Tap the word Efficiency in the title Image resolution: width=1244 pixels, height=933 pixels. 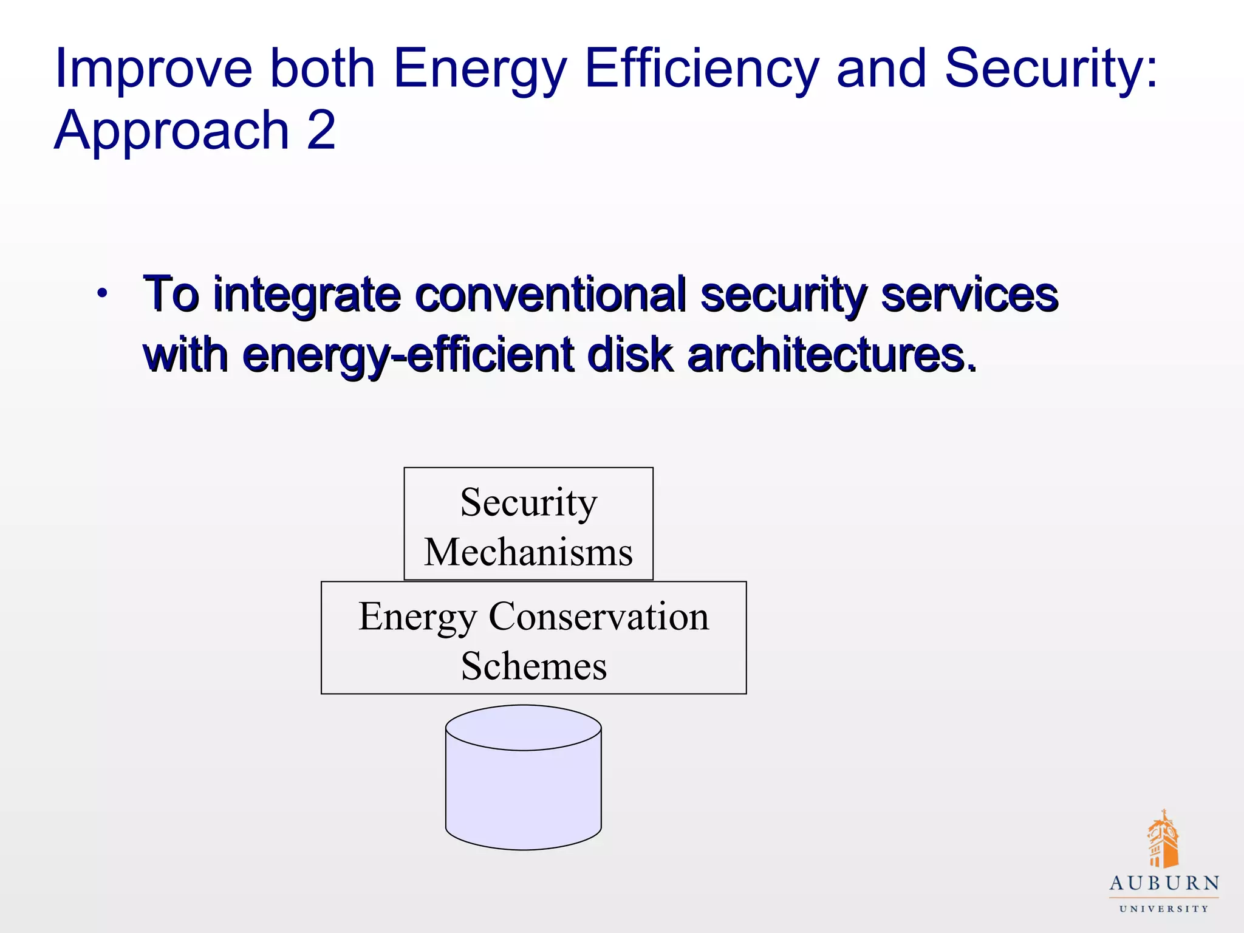[702, 69]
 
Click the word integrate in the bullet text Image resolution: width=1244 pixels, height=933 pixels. [307, 296]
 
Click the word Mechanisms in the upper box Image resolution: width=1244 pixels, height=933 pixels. [528, 552]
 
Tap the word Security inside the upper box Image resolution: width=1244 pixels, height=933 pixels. [528, 502]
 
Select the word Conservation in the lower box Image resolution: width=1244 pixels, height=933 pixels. [599, 617]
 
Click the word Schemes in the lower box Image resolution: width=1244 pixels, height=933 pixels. [533, 666]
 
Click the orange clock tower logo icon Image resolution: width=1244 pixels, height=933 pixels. [1163, 839]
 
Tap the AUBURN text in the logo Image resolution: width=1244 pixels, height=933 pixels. [1164, 884]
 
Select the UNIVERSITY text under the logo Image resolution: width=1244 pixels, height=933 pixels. [1164, 909]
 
